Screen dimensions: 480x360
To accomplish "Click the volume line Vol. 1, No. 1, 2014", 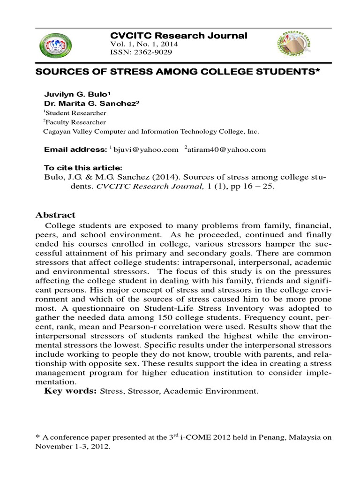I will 143,44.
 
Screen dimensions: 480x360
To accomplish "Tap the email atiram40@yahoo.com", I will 227,150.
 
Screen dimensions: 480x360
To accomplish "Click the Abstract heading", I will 55,215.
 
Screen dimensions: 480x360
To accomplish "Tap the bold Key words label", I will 70,391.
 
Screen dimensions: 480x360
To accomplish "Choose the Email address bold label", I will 75,150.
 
